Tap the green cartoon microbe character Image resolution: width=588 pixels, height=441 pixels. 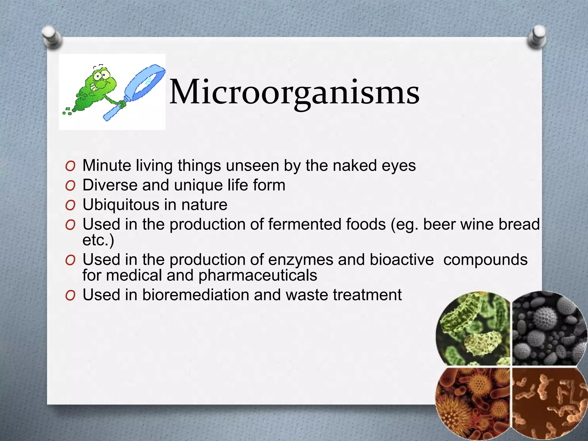(x=95, y=89)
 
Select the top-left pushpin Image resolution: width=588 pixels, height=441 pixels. (x=52, y=36)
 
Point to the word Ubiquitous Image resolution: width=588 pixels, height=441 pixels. (x=121, y=205)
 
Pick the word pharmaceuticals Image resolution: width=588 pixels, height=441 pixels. (x=258, y=275)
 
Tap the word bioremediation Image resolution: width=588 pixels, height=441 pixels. (x=195, y=295)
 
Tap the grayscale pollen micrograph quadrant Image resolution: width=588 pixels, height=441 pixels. (x=548, y=330)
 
